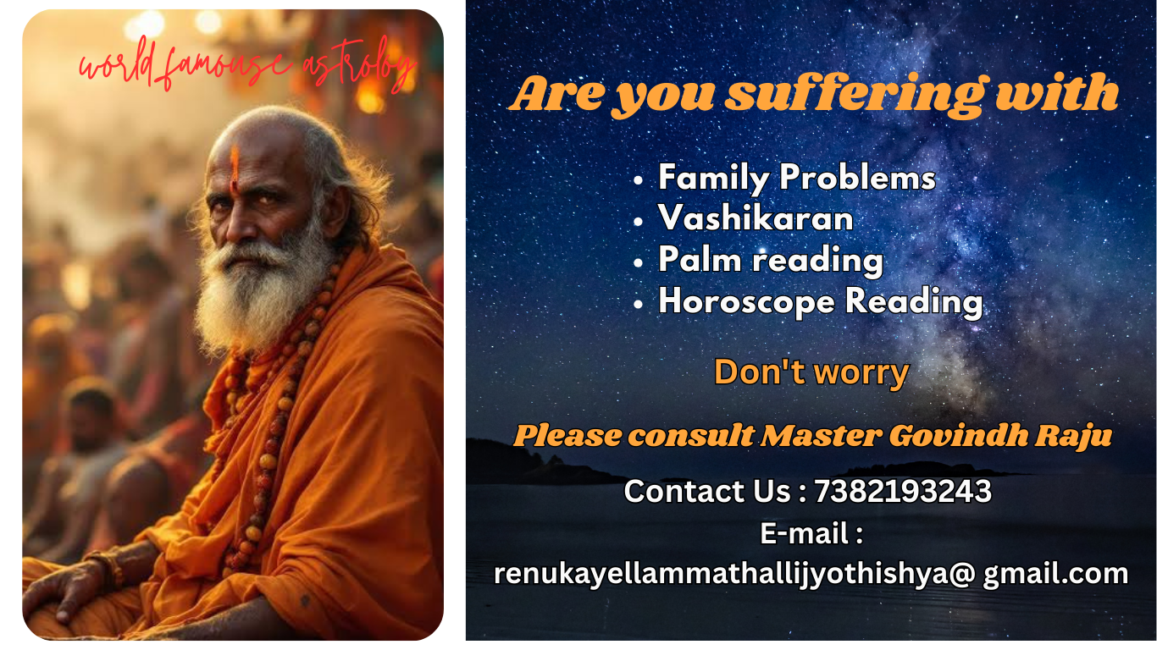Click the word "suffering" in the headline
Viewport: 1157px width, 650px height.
855,94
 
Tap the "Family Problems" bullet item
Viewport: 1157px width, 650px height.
796,178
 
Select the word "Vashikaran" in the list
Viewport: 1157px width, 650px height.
756,218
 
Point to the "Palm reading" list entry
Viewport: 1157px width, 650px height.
771,260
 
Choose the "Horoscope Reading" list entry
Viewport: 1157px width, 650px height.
820,301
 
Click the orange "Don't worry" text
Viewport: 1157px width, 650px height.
811,372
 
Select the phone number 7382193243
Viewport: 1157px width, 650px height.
903,491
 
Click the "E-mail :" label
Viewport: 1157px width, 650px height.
811,533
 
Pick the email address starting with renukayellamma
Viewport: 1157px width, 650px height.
811,573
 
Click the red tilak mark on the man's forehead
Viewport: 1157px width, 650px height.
234,165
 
